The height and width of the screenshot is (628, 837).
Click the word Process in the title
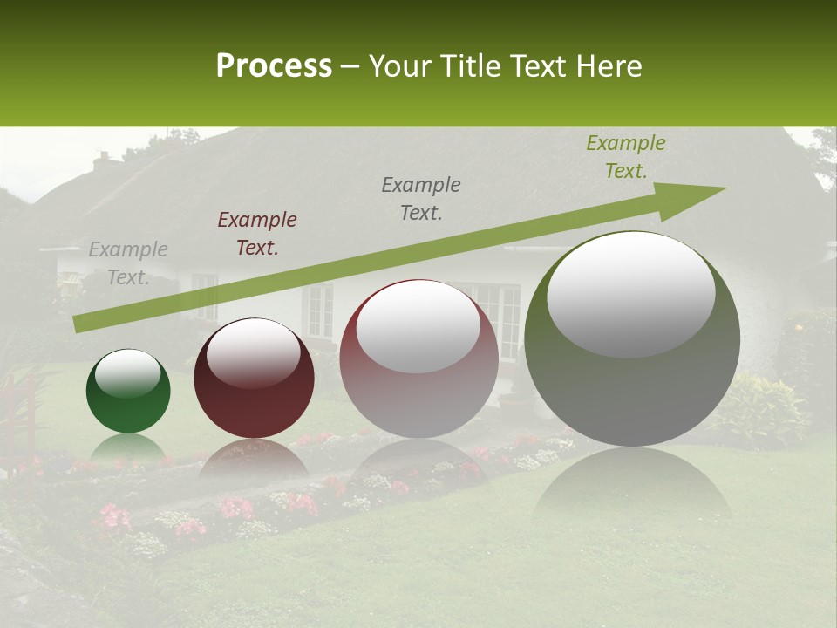click(274, 66)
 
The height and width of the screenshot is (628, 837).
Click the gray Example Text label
click(128, 263)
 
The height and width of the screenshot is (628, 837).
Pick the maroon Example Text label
click(257, 234)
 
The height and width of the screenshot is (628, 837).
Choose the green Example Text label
click(625, 157)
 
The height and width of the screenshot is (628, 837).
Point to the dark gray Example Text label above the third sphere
click(421, 198)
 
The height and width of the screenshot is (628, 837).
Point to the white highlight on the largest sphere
click(630, 292)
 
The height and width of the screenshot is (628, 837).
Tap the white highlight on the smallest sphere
click(128, 373)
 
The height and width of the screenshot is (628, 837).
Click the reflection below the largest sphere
click(632, 484)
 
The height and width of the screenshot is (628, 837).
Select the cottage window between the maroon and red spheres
click(320, 310)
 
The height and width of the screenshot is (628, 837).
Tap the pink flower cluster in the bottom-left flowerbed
click(113, 516)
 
